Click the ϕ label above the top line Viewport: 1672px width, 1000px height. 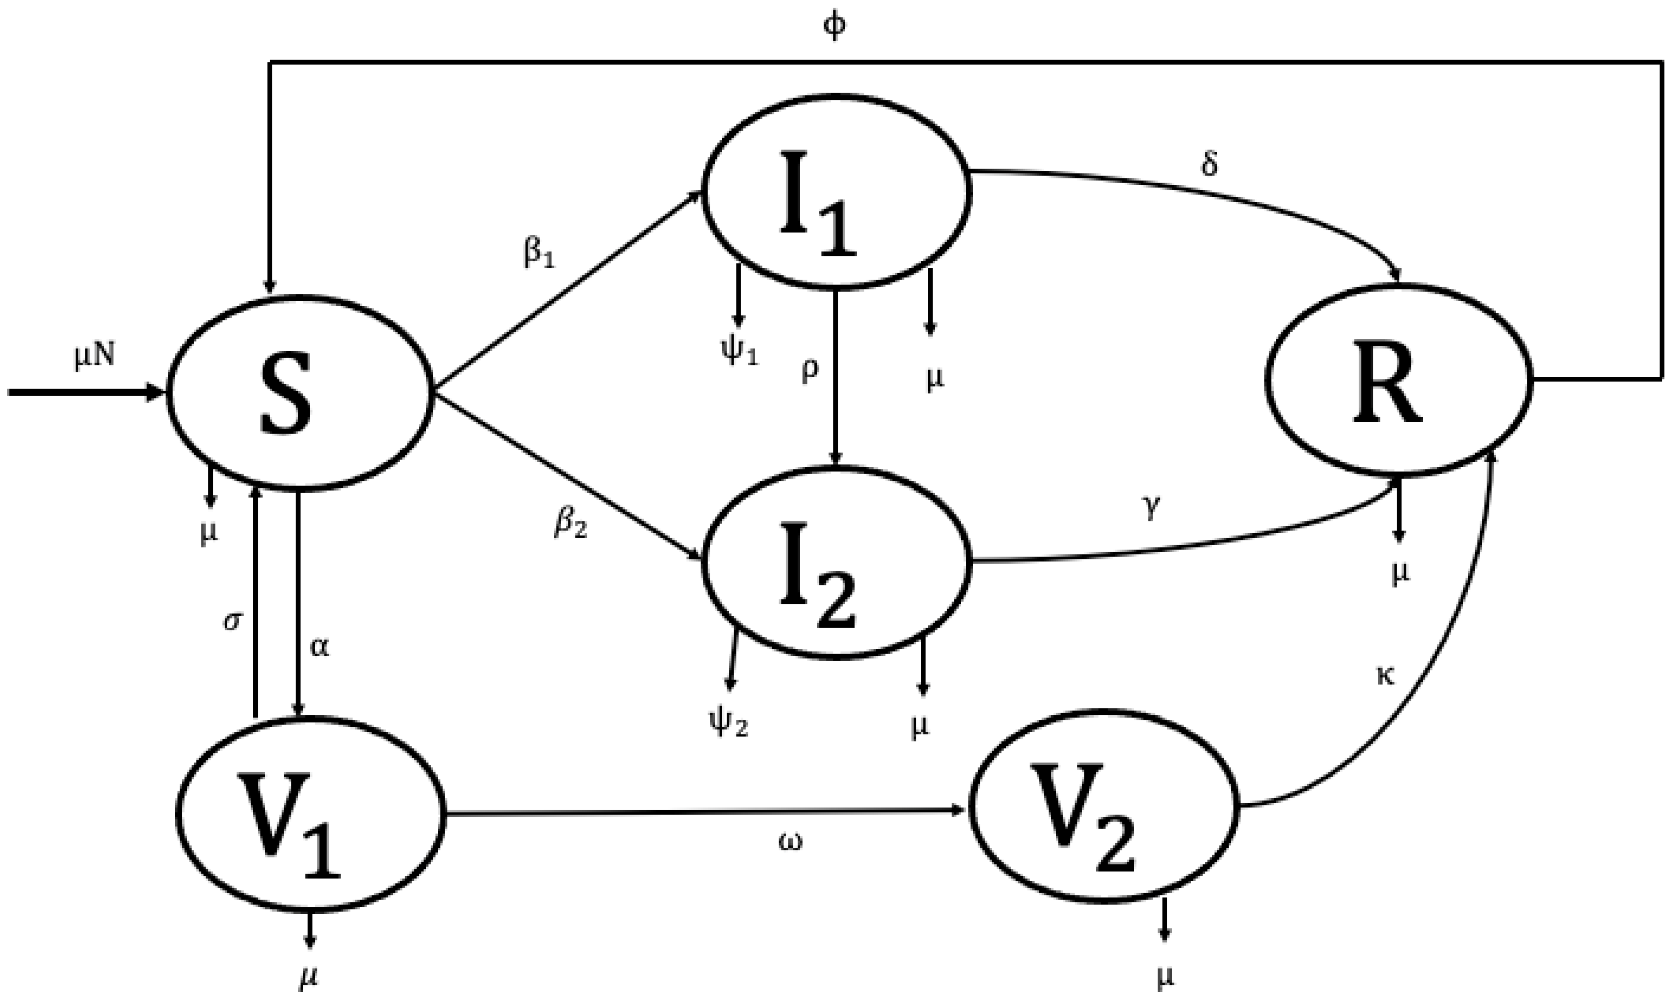835,27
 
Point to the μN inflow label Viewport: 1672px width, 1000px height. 95,356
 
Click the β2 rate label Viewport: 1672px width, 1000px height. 570,524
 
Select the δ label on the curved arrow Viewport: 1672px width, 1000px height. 1210,164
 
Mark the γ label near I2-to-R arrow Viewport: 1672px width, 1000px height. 1151,509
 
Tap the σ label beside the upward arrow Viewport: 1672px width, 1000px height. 231,621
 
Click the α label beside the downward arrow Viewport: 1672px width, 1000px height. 319,647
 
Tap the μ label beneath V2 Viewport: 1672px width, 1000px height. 1165,976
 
